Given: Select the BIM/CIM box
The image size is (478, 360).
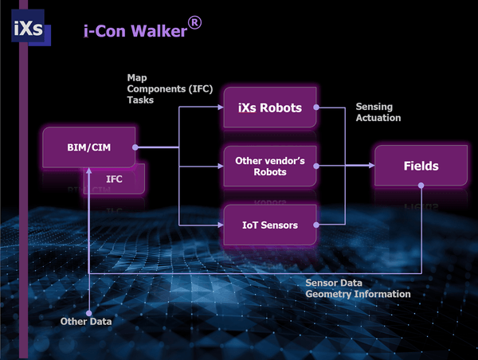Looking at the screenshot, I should point(88,147).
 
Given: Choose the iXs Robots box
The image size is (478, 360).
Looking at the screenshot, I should point(270,107).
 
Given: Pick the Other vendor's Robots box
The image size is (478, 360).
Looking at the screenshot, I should point(270,166).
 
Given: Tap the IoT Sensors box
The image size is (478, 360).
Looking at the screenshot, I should point(270,225).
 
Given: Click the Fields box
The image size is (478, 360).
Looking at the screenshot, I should point(420,166).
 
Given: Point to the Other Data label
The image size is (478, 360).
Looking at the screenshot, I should point(87,322).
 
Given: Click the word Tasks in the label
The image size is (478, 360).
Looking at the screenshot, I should point(140,100).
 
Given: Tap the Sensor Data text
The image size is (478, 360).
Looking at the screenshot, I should point(334,283).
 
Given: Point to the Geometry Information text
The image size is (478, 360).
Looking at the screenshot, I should point(358,294).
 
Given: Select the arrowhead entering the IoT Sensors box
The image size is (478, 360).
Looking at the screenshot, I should point(218,225).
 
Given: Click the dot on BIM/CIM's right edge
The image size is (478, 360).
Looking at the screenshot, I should point(135,147).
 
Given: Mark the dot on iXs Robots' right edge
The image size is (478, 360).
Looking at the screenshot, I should point(317,107).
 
